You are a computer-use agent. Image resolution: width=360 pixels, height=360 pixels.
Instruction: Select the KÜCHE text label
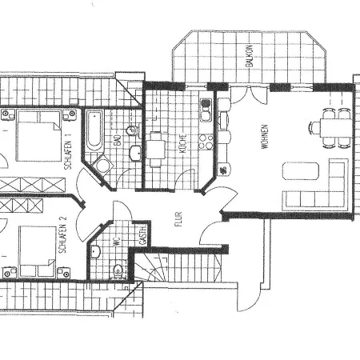(x=182, y=145)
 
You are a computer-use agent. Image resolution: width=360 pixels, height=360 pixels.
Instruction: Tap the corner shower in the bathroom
(x=103, y=165)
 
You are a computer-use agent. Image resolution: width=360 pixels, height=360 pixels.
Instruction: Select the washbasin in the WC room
(x=96, y=253)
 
